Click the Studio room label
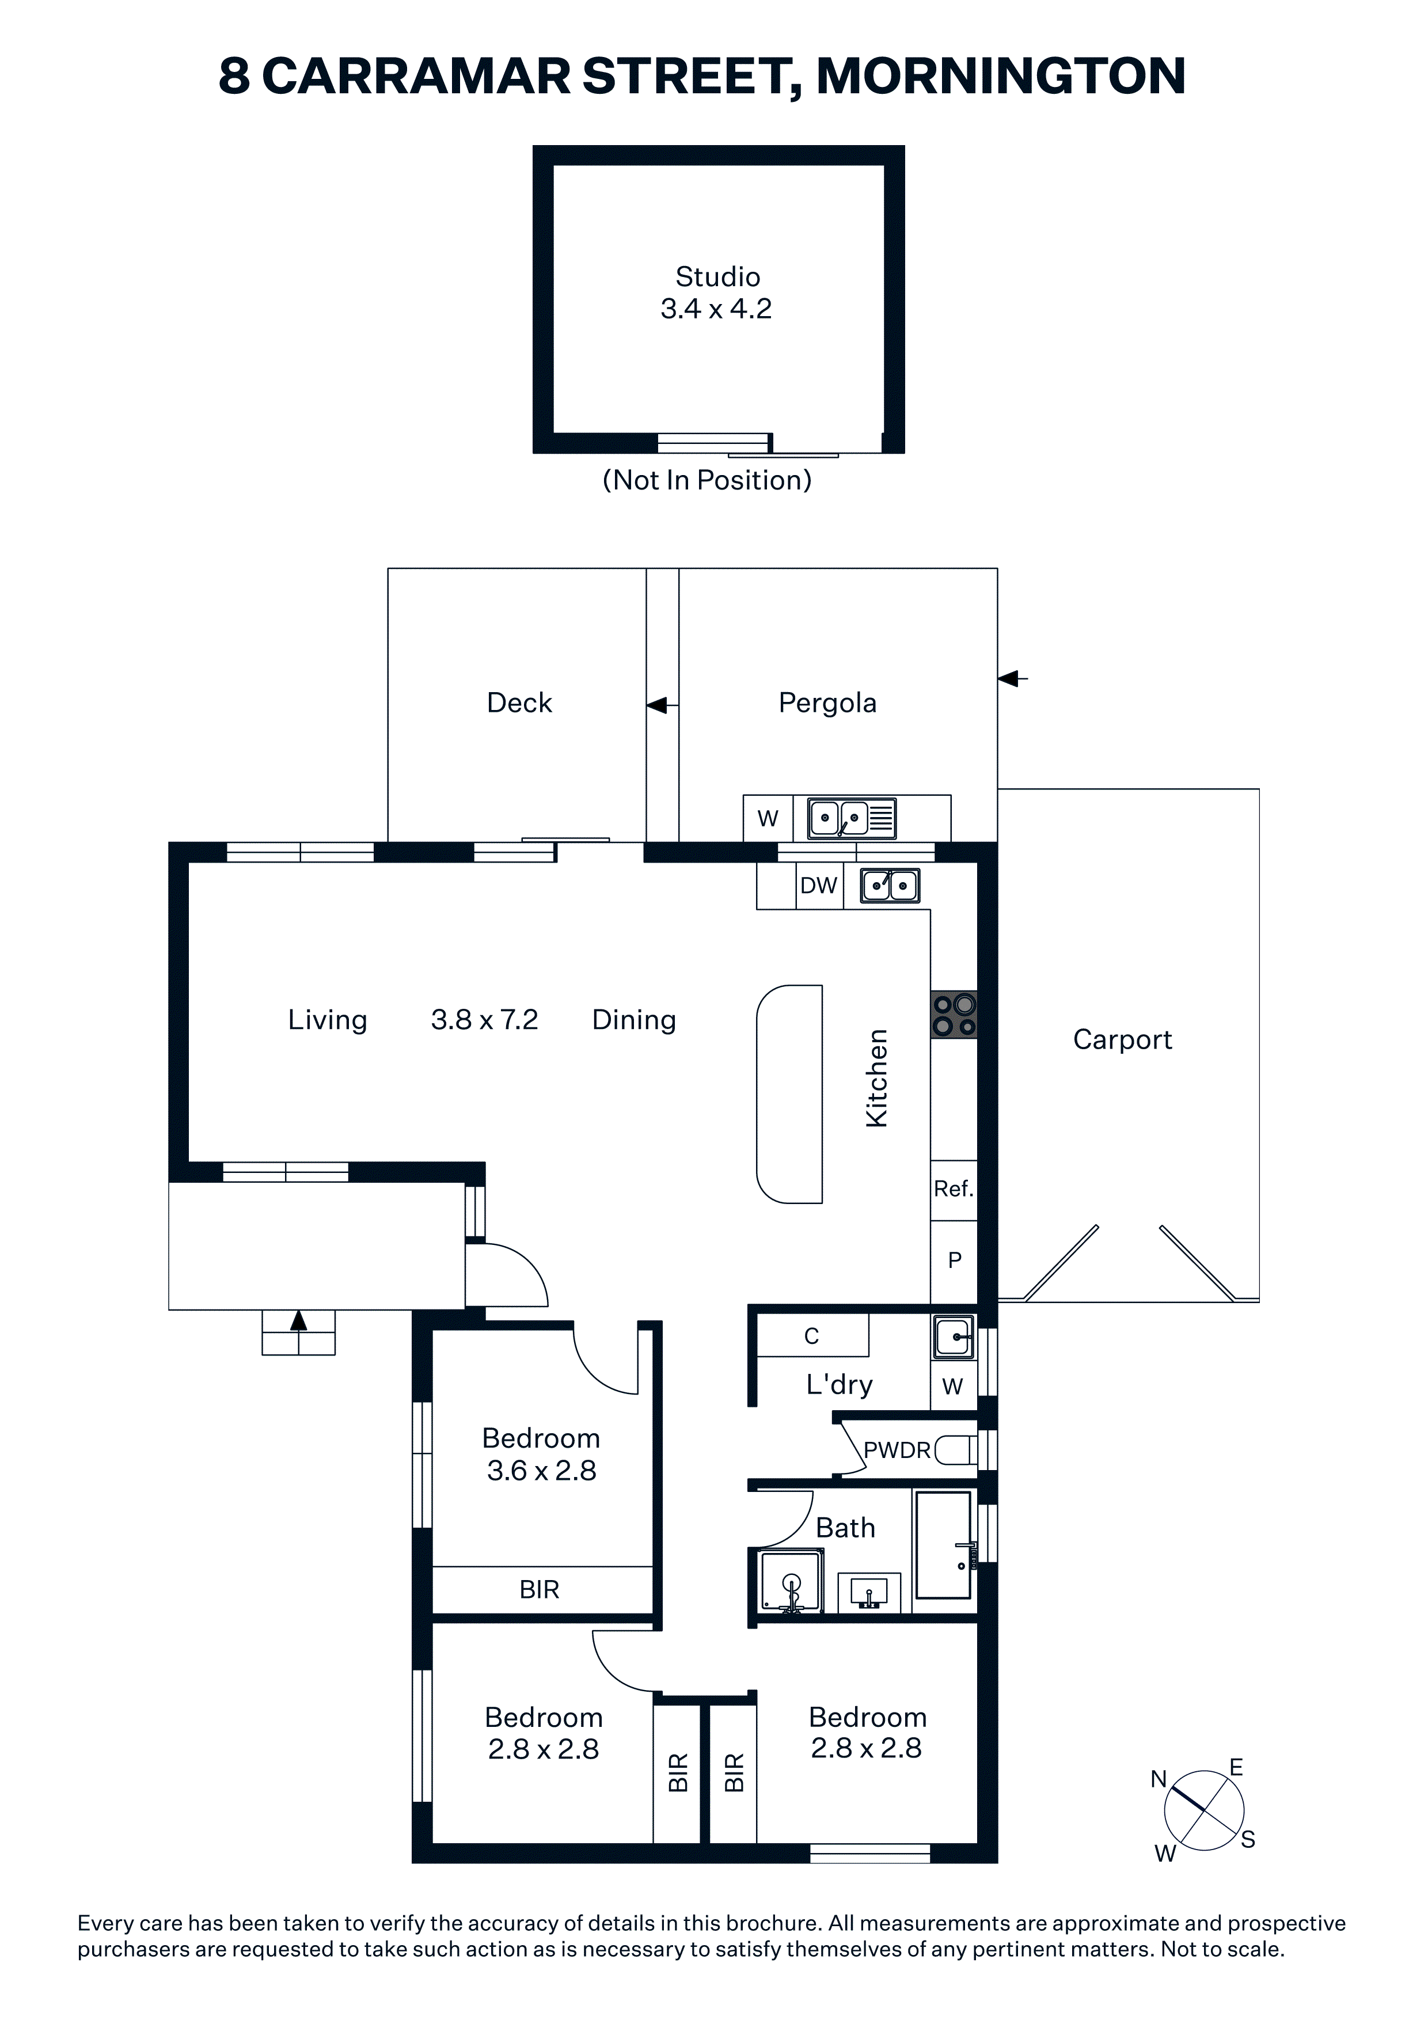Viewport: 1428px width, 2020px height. [x=717, y=276]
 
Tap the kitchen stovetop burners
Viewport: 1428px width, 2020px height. [x=954, y=1015]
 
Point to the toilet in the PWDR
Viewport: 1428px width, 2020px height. [x=955, y=1450]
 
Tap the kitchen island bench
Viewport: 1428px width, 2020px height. [x=789, y=1093]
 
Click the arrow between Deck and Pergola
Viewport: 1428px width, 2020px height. [x=663, y=705]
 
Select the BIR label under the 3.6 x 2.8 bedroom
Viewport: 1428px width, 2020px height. [x=540, y=1589]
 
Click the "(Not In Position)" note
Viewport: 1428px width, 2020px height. [x=707, y=480]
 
